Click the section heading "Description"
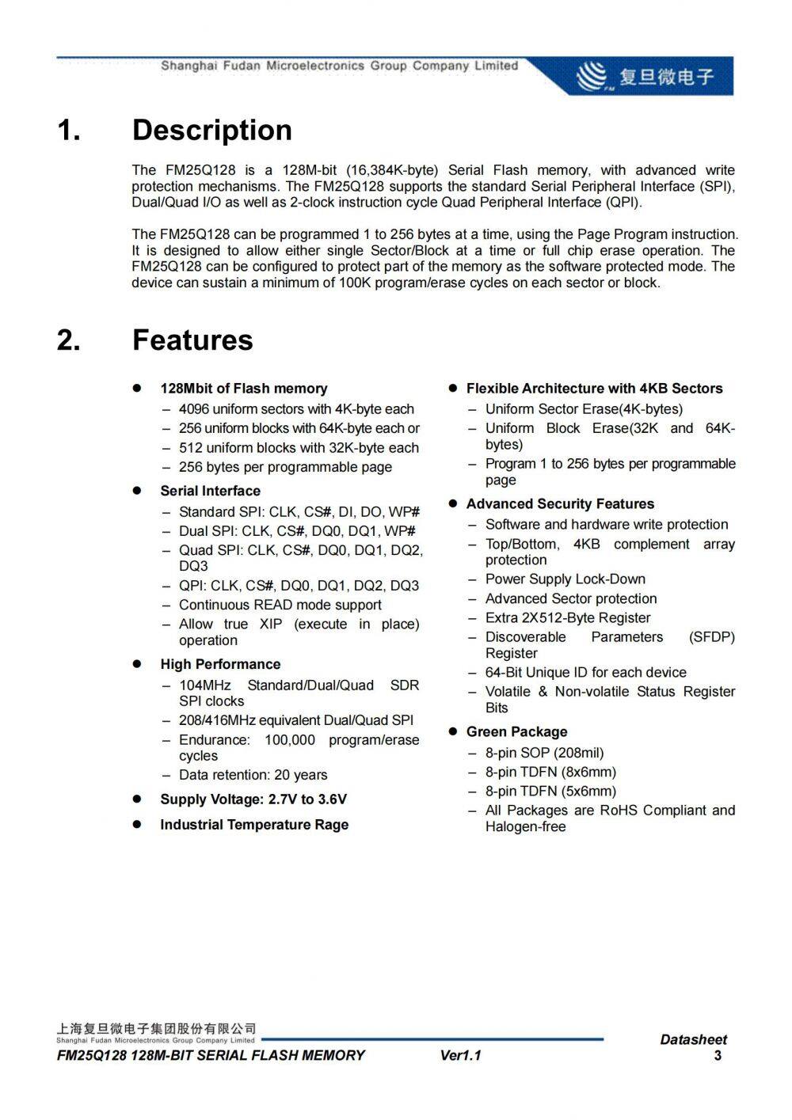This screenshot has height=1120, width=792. [x=211, y=131]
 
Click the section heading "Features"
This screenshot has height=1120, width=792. [x=192, y=340]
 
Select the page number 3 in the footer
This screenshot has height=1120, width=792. [x=718, y=1056]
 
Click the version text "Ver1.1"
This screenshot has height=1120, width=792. [x=460, y=1055]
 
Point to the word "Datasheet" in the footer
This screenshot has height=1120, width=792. [x=693, y=1039]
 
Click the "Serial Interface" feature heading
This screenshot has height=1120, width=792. [x=210, y=491]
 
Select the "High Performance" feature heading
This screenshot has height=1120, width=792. [x=220, y=664]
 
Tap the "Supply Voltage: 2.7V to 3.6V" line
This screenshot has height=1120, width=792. [x=253, y=799]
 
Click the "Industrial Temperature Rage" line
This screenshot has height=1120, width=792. [x=254, y=825]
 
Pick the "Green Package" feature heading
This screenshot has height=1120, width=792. [x=516, y=732]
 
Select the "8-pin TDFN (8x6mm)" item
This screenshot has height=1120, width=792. [x=550, y=772]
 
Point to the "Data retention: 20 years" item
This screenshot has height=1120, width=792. [x=253, y=775]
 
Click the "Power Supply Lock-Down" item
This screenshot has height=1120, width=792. [x=565, y=579]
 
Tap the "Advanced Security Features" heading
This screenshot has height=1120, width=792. [x=560, y=504]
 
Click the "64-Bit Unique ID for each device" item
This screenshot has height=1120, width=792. [x=585, y=673]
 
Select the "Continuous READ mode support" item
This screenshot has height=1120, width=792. [x=280, y=605]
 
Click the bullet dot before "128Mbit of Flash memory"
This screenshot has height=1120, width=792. [x=136, y=388]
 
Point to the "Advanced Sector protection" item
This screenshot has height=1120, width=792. [x=570, y=599]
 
